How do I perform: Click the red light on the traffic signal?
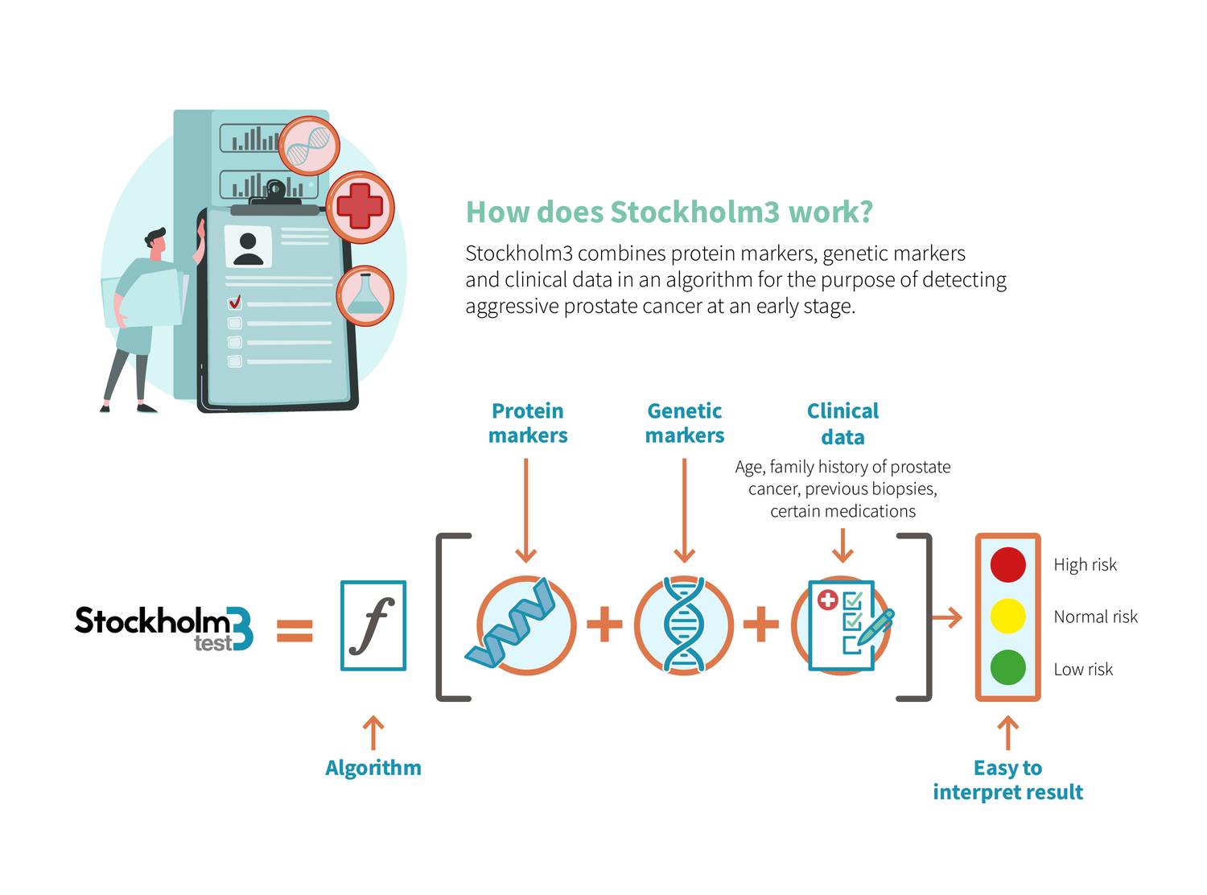click(x=1007, y=564)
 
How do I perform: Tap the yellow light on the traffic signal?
click(x=1007, y=617)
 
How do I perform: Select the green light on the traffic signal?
click(x=1007, y=668)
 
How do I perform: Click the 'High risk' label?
click(x=1085, y=565)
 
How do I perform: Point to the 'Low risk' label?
click(x=1083, y=669)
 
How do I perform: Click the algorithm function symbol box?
click(x=373, y=625)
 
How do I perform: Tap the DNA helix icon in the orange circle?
click(x=684, y=625)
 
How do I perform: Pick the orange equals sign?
click(x=295, y=629)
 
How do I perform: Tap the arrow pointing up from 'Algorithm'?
click(x=373, y=732)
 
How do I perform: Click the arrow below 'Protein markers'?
click(x=525, y=510)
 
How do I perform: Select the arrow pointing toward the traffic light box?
click(x=946, y=618)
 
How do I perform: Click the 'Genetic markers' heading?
click(x=685, y=423)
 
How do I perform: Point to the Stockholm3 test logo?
click(x=164, y=629)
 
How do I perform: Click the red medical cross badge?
click(x=360, y=207)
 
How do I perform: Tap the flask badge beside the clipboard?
click(x=365, y=296)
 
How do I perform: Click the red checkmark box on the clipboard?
click(x=235, y=303)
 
